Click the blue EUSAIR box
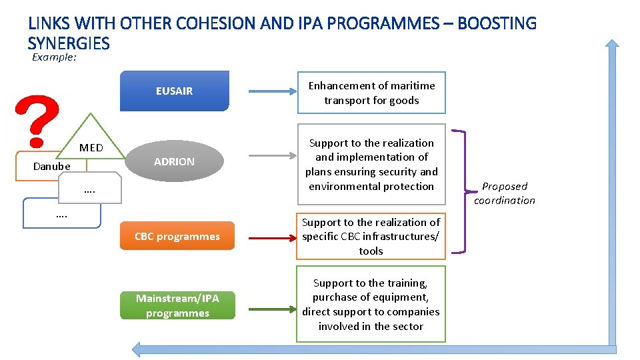point(174,91)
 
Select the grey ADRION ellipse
point(174,161)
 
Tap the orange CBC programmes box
point(177,236)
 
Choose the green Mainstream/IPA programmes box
point(177,305)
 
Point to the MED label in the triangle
point(91,147)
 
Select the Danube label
point(52,166)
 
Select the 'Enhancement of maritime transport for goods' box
point(371,93)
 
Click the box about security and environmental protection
point(371,165)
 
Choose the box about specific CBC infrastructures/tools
point(371,237)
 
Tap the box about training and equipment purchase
point(371,305)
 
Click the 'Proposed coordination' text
point(505,193)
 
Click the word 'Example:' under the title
point(55,57)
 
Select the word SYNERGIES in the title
point(69,43)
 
